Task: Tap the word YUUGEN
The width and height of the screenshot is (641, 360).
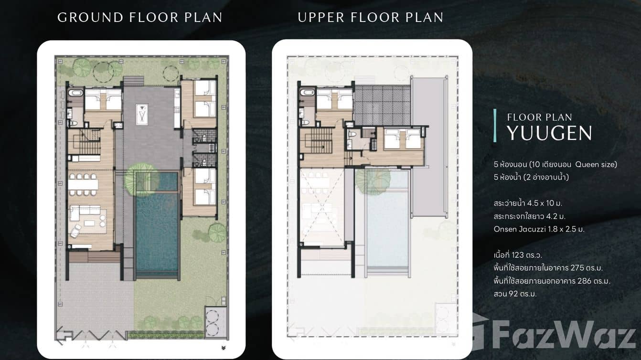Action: click(549, 133)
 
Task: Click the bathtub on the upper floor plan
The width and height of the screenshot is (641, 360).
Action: click(307, 93)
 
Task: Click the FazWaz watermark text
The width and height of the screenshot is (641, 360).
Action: click(564, 336)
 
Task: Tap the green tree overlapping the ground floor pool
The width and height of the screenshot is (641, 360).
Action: click(141, 177)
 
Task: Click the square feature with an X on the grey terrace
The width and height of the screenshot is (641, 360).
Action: click(142, 114)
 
